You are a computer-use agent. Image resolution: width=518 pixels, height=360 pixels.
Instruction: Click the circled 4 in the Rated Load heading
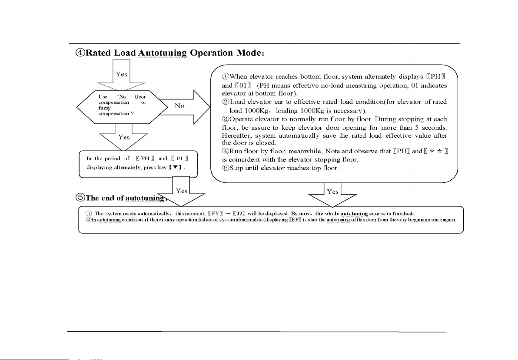[80, 53]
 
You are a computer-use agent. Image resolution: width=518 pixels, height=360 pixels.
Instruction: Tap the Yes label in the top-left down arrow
[122, 74]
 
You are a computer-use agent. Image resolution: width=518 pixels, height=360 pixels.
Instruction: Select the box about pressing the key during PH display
[138, 164]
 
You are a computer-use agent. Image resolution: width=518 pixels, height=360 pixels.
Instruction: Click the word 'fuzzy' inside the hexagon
[105, 107]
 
